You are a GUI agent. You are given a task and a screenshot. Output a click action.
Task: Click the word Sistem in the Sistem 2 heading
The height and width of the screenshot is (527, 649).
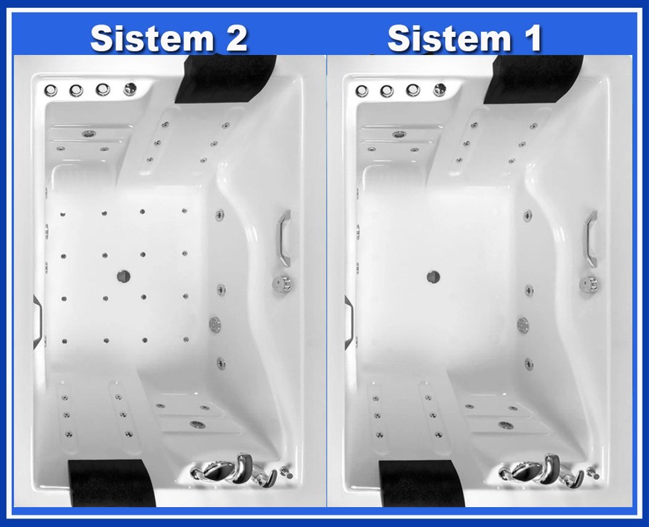pyautogui.click(x=152, y=38)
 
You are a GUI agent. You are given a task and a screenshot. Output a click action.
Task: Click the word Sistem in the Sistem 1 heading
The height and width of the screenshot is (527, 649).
pyautogui.click(x=449, y=38)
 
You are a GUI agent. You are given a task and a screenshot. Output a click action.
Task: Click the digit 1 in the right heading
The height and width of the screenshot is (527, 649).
pyautogui.click(x=532, y=38)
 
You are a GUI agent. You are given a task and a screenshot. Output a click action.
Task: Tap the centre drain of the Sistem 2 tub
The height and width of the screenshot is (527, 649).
pyautogui.click(x=123, y=276)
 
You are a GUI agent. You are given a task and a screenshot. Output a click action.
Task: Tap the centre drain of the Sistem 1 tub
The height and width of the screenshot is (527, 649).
pyautogui.click(x=433, y=277)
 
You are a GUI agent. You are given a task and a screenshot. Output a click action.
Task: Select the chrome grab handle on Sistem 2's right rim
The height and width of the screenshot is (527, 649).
pyautogui.click(x=283, y=238)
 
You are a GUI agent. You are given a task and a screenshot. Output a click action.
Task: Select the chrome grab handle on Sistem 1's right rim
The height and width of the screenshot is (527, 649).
pyautogui.click(x=591, y=239)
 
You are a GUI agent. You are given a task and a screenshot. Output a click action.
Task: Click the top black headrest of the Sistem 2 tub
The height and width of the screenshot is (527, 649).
pyautogui.click(x=226, y=79)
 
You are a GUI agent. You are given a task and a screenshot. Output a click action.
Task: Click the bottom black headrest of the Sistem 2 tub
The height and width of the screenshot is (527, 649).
pyautogui.click(x=112, y=483)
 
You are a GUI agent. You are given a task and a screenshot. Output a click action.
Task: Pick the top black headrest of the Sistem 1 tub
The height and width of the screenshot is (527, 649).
pyautogui.click(x=534, y=79)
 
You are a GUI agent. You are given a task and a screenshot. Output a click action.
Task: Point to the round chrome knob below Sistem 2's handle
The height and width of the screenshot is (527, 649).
pyautogui.click(x=283, y=284)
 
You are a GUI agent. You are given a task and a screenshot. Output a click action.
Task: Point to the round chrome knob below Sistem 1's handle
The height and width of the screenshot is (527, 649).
pyautogui.click(x=589, y=285)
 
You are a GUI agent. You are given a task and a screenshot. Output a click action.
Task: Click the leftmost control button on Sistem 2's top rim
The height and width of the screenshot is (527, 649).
pyautogui.click(x=51, y=90)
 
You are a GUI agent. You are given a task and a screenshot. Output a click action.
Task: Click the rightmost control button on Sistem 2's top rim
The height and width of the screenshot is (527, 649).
pyautogui.click(x=130, y=89)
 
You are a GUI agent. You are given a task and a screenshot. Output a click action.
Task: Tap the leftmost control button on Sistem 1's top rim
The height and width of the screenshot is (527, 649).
pyautogui.click(x=362, y=91)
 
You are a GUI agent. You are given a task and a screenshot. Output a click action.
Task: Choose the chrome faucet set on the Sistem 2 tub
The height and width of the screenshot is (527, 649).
pyautogui.click(x=234, y=470)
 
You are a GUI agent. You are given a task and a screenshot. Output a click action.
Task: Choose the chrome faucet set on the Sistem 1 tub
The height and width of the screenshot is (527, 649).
pyautogui.click(x=542, y=471)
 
